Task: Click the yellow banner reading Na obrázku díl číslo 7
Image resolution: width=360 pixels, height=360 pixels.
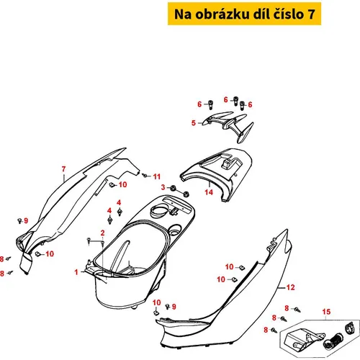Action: click(244, 14)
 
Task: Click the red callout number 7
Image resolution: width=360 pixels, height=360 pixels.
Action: click(63, 169)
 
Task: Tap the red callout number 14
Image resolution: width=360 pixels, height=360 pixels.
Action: click(209, 192)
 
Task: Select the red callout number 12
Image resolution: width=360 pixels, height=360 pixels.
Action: click(290, 287)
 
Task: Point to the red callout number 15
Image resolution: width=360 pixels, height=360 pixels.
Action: click(326, 312)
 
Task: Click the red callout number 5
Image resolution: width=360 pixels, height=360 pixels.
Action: click(194, 123)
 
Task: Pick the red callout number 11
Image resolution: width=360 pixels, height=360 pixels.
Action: click(157, 176)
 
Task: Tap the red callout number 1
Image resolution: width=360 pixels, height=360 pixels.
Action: click(76, 272)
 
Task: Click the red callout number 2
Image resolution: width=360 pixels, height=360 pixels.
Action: click(102, 233)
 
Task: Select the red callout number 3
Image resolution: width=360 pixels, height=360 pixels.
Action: click(163, 187)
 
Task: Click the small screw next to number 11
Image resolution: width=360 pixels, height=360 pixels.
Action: click(145, 176)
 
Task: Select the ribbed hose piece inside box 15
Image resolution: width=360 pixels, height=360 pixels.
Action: click(333, 341)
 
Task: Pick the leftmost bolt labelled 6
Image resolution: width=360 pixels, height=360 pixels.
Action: click(210, 104)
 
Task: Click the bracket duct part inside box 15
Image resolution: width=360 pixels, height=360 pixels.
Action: click(304, 339)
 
